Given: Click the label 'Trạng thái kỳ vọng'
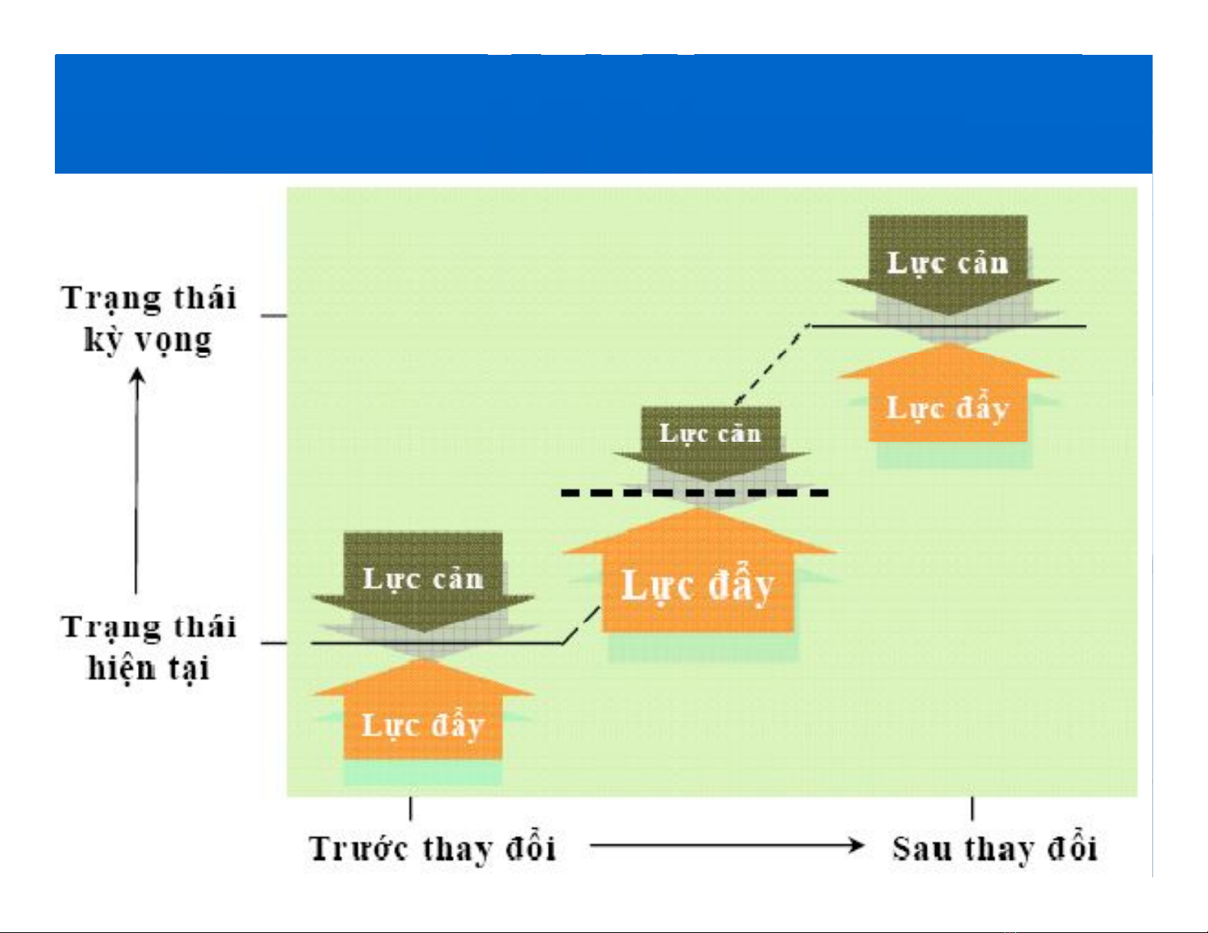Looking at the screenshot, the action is (x=149, y=319).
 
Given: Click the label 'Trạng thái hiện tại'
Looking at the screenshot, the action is (x=149, y=647).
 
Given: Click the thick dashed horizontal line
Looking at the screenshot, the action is (x=695, y=493).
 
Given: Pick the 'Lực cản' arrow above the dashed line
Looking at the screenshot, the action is (x=711, y=443).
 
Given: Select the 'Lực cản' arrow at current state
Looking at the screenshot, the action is (x=423, y=580).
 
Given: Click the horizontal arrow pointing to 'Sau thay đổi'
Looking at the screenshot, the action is (x=727, y=846).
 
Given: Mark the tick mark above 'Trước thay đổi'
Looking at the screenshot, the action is (x=411, y=809).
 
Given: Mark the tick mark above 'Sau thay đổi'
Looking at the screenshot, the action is (x=972, y=809).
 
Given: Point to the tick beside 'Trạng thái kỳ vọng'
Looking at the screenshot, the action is (x=274, y=316).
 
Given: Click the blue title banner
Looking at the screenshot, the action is (x=603, y=113).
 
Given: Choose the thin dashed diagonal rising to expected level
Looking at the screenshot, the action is (x=771, y=364).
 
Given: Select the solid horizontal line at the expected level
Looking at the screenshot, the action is (x=948, y=326).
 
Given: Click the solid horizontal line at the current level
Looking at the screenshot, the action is (x=437, y=644).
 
